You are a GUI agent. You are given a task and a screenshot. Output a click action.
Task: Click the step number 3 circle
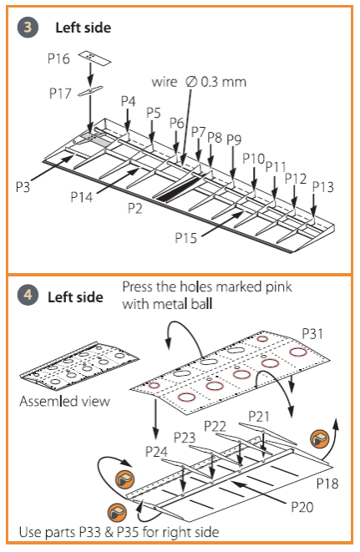pyautogui.click(x=28, y=28)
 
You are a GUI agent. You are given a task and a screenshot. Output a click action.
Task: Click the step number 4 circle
pyautogui.click(x=28, y=295)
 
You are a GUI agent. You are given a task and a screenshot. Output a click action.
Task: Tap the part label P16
pyautogui.click(x=58, y=58)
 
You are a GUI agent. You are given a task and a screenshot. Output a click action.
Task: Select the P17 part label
pyautogui.click(x=60, y=94)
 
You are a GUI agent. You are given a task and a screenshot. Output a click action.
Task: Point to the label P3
pyautogui.click(x=23, y=186)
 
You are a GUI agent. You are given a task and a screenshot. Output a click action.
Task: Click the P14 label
pyautogui.click(x=82, y=197)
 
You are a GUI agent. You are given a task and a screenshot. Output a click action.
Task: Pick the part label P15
pyautogui.click(x=186, y=238)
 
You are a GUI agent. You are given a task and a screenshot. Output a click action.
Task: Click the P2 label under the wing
pyautogui.click(x=135, y=208)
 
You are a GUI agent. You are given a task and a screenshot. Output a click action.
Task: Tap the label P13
pyautogui.click(x=323, y=186)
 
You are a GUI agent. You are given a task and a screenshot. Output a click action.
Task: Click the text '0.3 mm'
pyautogui.click(x=223, y=82)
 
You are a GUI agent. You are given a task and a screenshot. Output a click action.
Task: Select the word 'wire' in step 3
pyautogui.click(x=165, y=82)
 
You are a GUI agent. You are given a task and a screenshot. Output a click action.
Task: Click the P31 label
pyautogui.click(x=312, y=333)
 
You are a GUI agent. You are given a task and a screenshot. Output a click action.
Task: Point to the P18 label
pyautogui.click(x=327, y=484)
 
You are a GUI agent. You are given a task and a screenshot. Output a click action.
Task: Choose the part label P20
pyautogui.click(x=302, y=507)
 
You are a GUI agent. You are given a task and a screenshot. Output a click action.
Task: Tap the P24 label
pyautogui.click(x=156, y=452)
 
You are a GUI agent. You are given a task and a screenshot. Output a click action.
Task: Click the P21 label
pyautogui.click(x=259, y=417)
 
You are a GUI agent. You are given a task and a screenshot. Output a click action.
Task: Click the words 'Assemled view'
pyautogui.click(x=64, y=402)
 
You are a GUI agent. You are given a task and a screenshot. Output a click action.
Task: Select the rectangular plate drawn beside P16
pyautogui.click(x=94, y=58)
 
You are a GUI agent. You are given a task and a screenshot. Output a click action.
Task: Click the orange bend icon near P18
pyautogui.click(x=320, y=438)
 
